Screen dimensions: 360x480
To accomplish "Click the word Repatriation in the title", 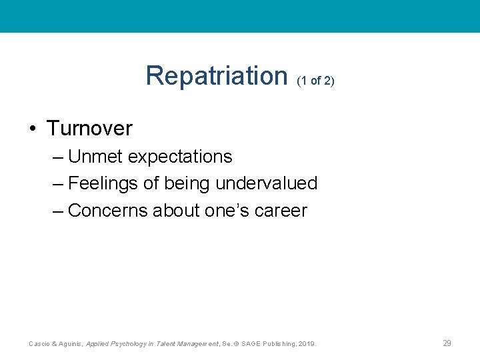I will (216, 76).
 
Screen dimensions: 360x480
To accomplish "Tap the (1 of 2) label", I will (315, 81).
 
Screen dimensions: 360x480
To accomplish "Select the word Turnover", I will (89, 128).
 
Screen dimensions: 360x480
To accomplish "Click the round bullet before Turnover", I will (33, 128).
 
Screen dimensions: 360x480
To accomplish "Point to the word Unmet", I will (95, 157).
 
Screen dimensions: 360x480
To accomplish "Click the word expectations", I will (180, 157).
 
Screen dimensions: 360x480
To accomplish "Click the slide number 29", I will (447, 343).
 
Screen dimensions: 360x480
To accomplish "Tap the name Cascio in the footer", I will (39, 344).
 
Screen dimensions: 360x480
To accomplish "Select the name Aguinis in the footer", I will (69, 344).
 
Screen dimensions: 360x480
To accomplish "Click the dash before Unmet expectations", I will (57, 157).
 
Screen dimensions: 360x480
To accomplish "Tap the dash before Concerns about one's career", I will (57, 211).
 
